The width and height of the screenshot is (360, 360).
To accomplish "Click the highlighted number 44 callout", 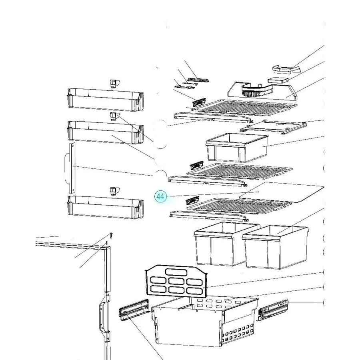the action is point(160,196).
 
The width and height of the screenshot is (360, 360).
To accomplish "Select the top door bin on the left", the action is point(105,100).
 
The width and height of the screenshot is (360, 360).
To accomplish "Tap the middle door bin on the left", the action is point(105,132).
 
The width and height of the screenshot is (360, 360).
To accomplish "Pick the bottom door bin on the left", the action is point(105,207).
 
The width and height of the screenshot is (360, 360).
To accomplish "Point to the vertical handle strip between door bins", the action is point(72,168).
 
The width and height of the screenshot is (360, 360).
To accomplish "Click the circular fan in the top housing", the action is point(252,91).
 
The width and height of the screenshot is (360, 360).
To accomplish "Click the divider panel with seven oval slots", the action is point(176,280).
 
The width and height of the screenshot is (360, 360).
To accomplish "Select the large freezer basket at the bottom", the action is point(204,321).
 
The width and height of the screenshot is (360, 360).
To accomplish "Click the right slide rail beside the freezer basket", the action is point(273,310).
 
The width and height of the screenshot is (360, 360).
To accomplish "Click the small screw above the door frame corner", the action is point(111,235).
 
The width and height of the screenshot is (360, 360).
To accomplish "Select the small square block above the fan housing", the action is point(278,80).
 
